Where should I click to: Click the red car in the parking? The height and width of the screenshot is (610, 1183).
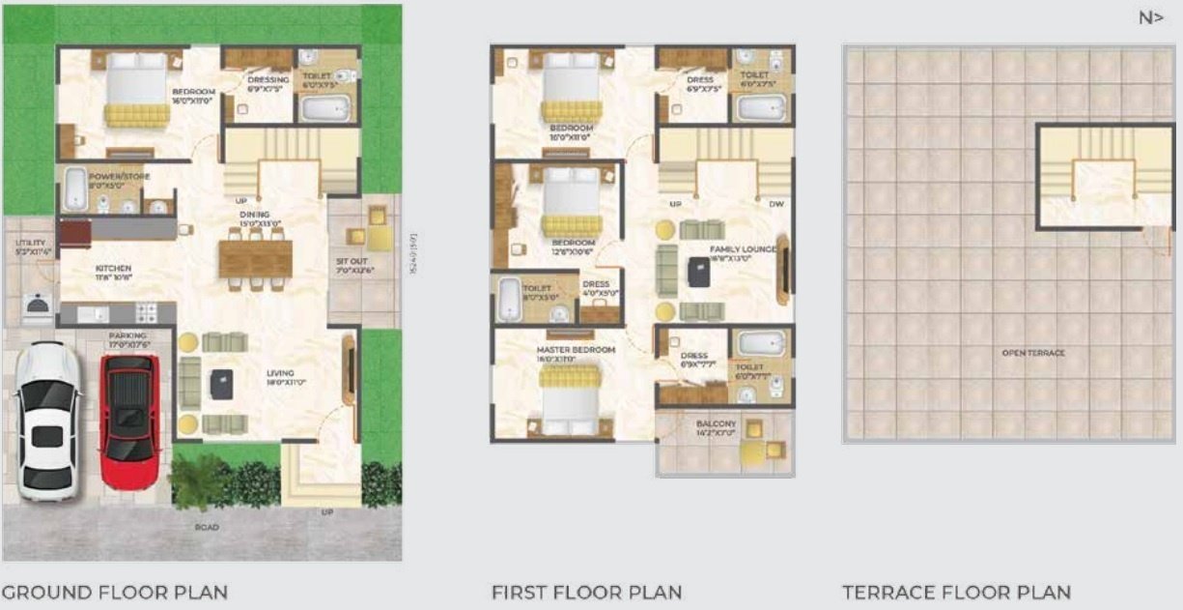point(129,408)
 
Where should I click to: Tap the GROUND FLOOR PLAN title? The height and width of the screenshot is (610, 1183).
point(115,592)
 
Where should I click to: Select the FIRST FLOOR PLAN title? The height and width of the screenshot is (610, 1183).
point(586,592)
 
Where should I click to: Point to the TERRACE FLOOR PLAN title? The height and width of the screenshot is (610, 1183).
point(956,592)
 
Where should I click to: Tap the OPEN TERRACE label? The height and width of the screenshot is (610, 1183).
point(1033,353)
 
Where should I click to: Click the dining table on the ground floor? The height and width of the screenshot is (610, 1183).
point(255,259)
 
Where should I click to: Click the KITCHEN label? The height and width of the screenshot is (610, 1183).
point(113,269)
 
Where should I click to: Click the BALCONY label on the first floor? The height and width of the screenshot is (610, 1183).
point(716,423)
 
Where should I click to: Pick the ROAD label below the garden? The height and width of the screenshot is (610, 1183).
point(207,528)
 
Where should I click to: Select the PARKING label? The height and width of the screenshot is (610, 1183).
point(127,336)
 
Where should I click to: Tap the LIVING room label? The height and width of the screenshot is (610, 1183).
point(281,373)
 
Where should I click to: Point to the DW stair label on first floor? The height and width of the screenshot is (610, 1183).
point(775,204)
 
